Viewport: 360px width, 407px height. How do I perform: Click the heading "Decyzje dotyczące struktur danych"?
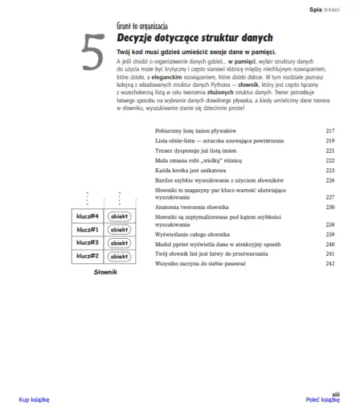coord(195,38)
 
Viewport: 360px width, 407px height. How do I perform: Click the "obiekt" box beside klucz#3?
coord(119,243)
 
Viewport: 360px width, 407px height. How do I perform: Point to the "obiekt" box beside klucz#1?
coord(119,230)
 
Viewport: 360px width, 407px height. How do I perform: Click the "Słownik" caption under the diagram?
coord(105,272)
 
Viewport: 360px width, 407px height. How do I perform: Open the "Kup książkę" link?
coord(34,400)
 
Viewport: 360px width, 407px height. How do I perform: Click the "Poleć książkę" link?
coord(322,400)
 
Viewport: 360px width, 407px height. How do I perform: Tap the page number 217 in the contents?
coord(330,130)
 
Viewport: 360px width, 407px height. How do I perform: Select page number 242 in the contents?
coord(330,263)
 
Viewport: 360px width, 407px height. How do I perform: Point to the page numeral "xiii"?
coord(335,393)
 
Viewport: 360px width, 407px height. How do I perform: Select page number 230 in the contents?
coord(330,206)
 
